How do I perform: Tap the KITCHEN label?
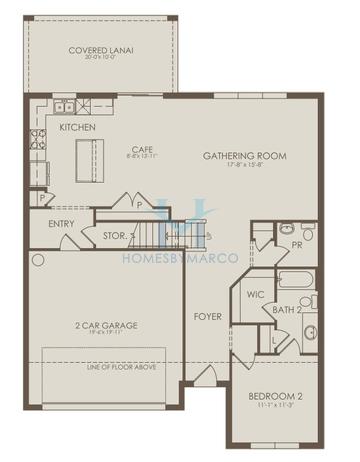tap(77, 128)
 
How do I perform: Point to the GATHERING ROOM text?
tap(244, 156)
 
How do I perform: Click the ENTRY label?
tap(61, 223)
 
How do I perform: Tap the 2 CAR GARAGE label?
tap(106, 325)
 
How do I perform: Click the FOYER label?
tap(207, 317)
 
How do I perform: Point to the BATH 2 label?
tap(287, 310)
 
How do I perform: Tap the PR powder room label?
tap(297, 243)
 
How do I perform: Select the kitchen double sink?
tap(62, 105)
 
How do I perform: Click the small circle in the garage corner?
tap(38, 260)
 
